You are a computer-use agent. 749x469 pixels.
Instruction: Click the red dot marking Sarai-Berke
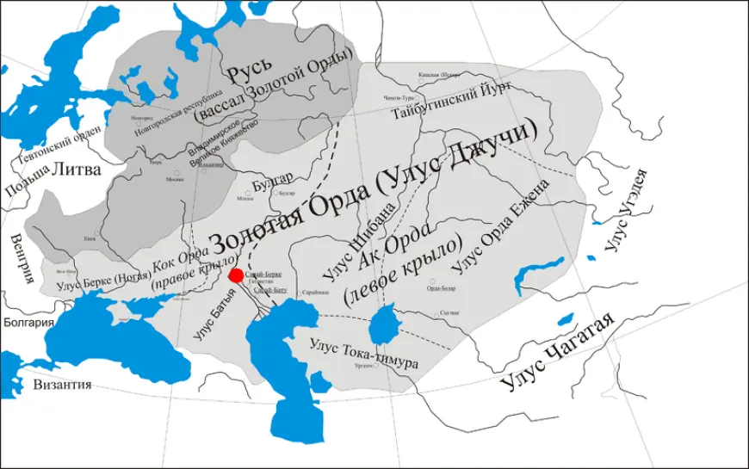tap(235, 275)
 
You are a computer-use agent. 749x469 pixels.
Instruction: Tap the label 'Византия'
tap(62, 385)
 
